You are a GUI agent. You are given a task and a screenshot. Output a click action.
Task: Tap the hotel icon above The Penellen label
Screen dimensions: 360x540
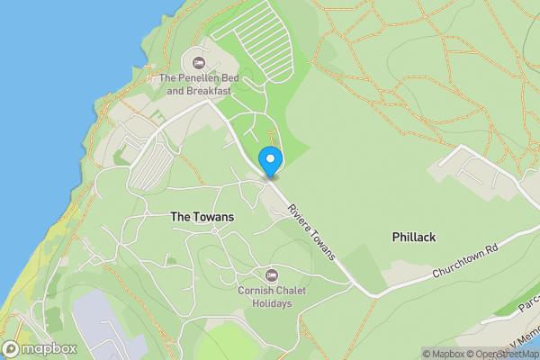[x=198, y=62]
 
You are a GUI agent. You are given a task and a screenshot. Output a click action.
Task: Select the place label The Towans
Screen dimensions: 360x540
[x=202, y=217]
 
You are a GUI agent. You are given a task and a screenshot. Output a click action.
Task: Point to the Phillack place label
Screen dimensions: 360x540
[x=414, y=237]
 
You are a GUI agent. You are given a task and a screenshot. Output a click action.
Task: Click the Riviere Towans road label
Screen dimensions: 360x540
[x=311, y=231]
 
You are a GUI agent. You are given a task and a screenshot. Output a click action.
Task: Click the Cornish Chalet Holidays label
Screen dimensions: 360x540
[x=265, y=297]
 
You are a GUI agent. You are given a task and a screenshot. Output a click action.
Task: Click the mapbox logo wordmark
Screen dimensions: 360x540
[x=49, y=348]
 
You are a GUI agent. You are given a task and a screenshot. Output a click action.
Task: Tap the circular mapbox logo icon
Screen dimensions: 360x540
[x=12, y=348]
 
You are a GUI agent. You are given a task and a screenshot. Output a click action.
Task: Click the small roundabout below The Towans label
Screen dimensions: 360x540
[x=214, y=231]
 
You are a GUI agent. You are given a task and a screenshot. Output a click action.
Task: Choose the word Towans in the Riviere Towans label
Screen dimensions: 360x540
[x=321, y=244]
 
